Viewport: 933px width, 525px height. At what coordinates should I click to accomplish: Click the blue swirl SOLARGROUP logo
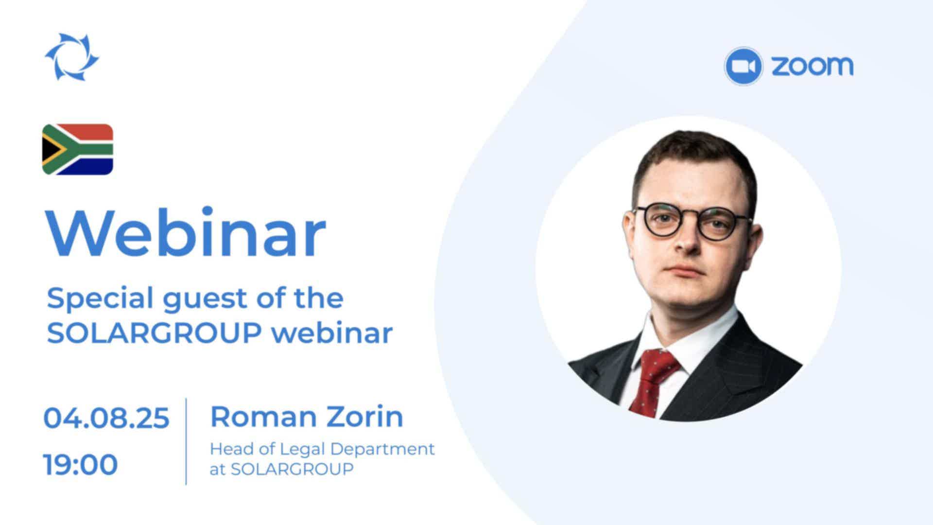pos(72,57)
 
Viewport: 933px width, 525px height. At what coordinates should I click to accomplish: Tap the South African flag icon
pos(78,149)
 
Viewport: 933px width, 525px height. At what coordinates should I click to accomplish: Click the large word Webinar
pos(186,232)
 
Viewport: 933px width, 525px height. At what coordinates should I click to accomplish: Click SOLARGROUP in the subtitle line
pos(155,333)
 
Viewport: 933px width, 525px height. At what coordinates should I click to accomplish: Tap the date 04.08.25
pos(106,418)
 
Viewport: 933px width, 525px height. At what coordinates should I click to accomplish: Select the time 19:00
pos(81,464)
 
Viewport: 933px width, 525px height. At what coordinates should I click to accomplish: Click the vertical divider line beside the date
pos(186,441)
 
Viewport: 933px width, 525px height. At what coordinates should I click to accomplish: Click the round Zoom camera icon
pos(743,66)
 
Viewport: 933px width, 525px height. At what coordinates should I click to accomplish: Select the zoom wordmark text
pos(812,66)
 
